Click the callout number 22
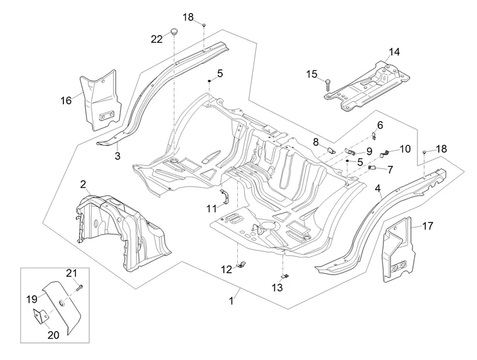156,39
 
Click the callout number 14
394,52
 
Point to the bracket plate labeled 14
370,85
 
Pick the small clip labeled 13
284,275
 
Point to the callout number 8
316,141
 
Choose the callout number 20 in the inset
53,335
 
